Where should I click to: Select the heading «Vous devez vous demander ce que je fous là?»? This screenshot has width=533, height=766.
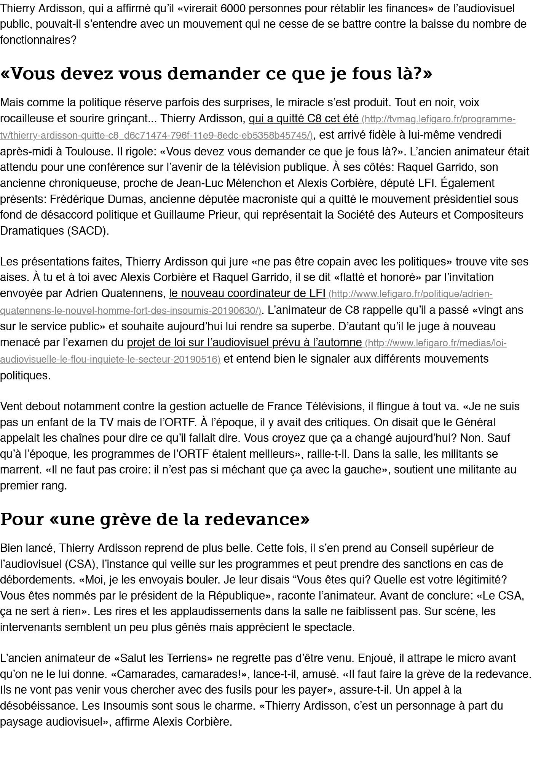[216, 73]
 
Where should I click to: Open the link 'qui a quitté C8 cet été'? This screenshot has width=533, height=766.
[303, 119]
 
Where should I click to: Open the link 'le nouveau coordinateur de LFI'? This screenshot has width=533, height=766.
[247, 293]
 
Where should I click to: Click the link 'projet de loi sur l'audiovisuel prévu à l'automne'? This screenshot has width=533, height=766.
[244, 342]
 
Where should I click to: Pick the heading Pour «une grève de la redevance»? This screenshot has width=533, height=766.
[155, 519]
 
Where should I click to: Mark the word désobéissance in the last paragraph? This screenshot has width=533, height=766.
[38, 706]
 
